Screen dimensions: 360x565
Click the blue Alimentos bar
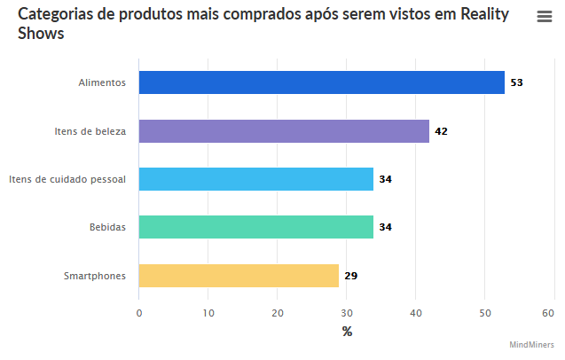tap(321, 82)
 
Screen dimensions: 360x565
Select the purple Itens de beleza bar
tap(284, 131)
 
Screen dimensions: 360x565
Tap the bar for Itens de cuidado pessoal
tap(255, 179)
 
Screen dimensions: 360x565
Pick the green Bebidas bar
tap(255, 227)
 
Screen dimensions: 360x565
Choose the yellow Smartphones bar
tap(239, 276)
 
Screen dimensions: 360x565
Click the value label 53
tap(516, 82)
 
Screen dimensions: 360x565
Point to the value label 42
tap(441, 131)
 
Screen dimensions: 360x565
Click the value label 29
tap(351, 276)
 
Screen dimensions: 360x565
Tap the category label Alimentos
tap(102, 82)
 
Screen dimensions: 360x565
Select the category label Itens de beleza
tap(90, 131)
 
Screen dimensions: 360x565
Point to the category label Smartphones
tap(95, 276)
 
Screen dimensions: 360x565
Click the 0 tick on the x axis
tap(139, 312)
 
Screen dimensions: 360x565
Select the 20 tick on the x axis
tap(278, 312)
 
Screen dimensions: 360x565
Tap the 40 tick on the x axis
tap(415, 312)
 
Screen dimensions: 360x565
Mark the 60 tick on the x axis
tap(548, 312)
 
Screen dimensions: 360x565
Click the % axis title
tap(347, 332)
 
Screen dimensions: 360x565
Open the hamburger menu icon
tap(545, 17)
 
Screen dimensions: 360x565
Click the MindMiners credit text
tap(531, 345)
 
